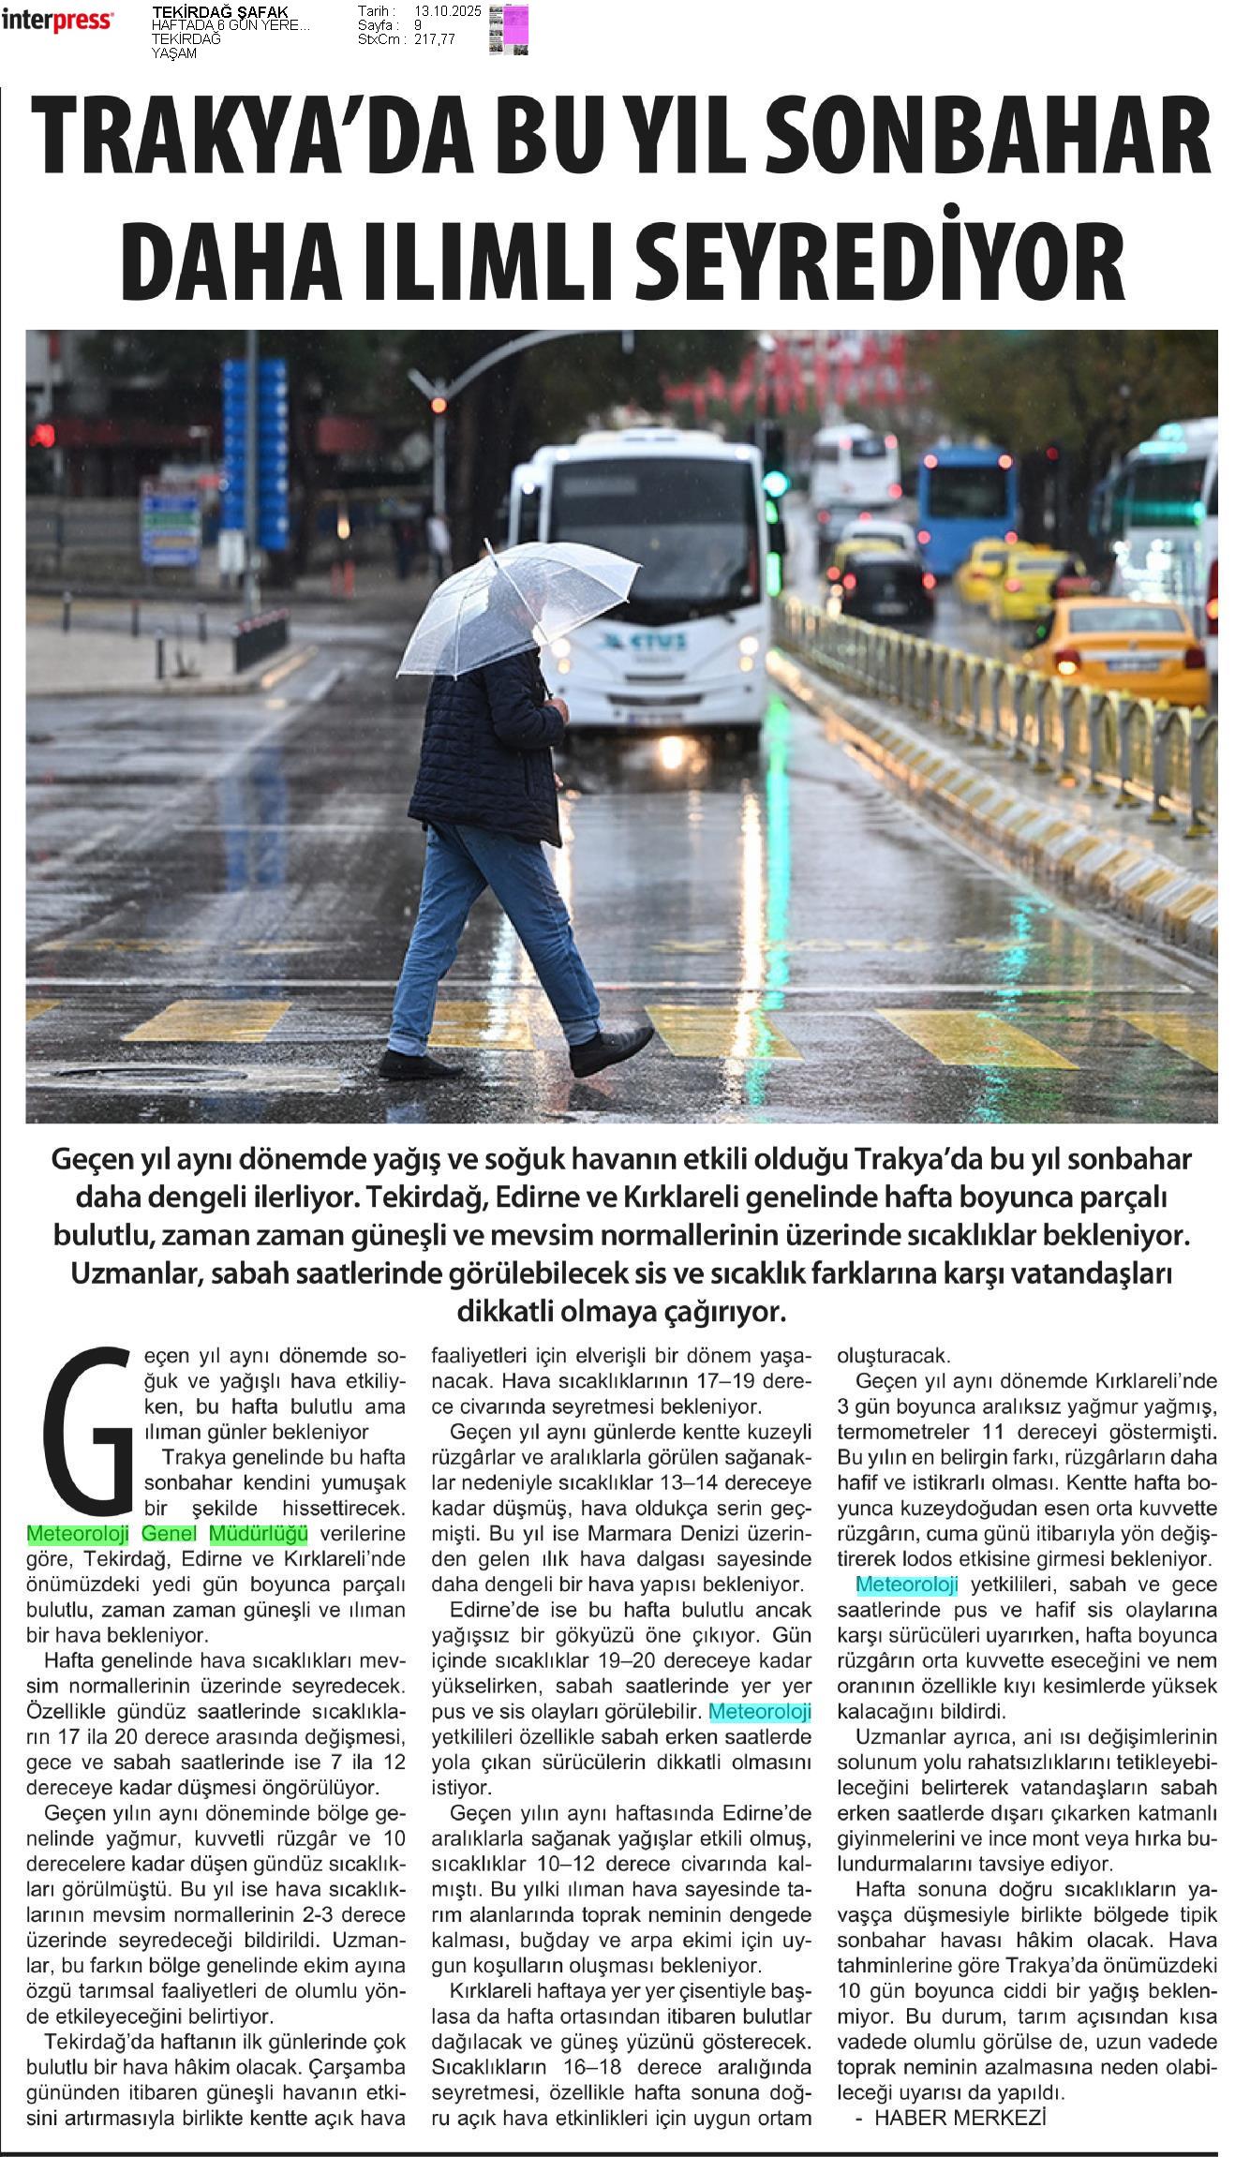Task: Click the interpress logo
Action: tap(58, 20)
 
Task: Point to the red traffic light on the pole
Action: tap(439, 405)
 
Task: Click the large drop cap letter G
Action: tap(92, 1423)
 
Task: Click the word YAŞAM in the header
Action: tap(174, 53)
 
